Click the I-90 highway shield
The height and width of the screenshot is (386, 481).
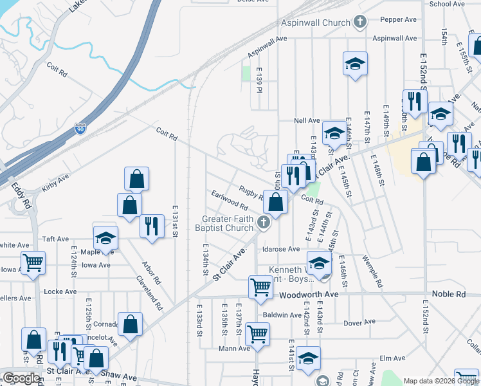coord(80,129)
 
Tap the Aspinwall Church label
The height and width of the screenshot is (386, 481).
coord(317,21)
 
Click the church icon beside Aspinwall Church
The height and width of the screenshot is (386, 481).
coord(360,21)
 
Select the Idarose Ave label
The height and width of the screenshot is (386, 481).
coord(280,249)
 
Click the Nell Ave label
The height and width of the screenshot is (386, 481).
coord(307,120)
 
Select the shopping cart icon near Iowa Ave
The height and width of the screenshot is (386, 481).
coord(33,261)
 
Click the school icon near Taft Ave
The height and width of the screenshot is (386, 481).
coord(105,238)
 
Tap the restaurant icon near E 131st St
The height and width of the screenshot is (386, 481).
coord(152,226)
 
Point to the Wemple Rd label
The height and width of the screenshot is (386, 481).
coord(372,273)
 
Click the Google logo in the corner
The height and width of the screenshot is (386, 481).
coord(21,378)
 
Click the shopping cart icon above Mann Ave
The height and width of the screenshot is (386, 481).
coord(257,333)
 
